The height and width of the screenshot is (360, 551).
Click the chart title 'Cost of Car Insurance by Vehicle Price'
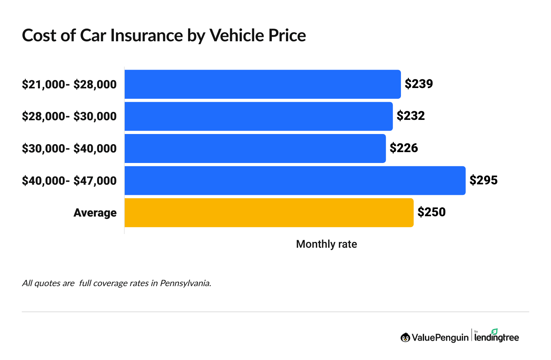[164, 35]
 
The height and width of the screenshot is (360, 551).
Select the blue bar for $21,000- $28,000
[262, 84]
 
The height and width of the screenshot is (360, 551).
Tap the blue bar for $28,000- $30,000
[258, 116]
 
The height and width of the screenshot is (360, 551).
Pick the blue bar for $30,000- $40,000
[255, 148]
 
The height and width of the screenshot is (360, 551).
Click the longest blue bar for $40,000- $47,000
[295, 180]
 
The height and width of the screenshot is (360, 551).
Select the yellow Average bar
[269, 213]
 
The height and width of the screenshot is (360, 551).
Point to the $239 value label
[419, 84]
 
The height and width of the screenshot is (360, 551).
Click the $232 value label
[410, 116]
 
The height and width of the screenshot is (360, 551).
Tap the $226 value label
[403, 148]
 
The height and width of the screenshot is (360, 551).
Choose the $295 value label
[483, 180]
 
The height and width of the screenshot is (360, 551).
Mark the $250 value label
[431, 212]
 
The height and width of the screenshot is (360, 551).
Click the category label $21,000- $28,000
[69, 84]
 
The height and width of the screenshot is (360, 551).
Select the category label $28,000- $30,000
[69, 116]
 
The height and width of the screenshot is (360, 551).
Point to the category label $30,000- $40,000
[69, 148]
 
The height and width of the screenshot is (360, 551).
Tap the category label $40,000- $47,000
[69, 180]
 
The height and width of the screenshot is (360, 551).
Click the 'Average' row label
[95, 213]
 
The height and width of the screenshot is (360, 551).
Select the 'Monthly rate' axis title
[326, 244]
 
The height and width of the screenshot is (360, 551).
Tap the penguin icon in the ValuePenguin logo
[405, 338]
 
